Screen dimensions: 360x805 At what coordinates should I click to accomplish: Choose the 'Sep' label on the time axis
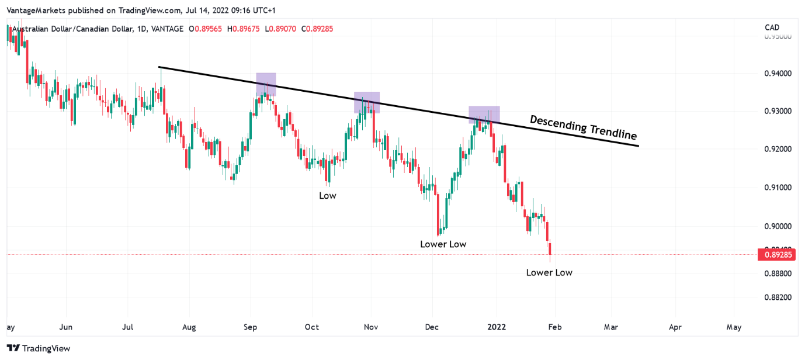(251, 327)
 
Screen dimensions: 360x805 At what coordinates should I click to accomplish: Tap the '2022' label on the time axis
(497, 327)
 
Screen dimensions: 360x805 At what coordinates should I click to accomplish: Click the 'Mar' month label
(610, 327)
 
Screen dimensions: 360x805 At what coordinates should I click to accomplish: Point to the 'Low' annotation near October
(328, 196)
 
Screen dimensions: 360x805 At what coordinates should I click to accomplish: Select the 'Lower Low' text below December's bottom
(443, 244)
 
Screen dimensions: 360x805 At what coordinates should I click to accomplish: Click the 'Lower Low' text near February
(549, 272)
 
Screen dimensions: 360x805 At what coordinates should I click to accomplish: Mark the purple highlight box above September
(266, 85)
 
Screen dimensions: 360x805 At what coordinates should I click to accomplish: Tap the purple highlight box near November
(367, 102)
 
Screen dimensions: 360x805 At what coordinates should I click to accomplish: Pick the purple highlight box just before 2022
(484, 115)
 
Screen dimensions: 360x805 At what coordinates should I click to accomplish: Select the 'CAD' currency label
(772, 27)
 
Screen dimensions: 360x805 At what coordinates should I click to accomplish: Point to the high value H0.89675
(245, 29)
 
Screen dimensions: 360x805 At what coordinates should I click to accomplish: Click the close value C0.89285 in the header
(317, 29)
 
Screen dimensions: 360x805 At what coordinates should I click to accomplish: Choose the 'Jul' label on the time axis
(127, 327)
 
